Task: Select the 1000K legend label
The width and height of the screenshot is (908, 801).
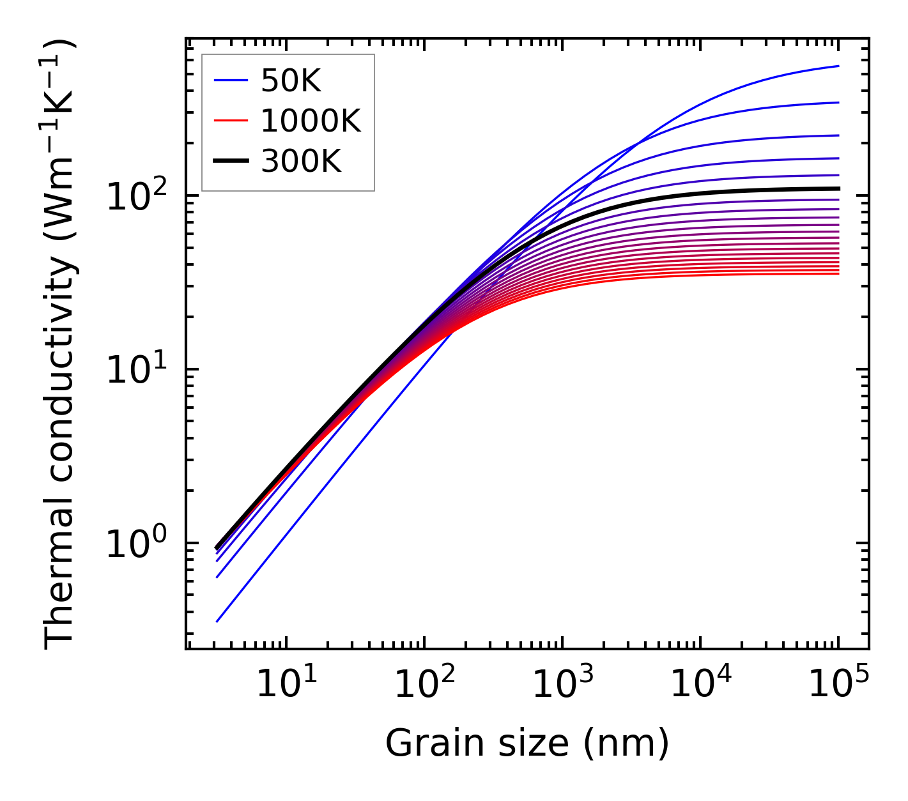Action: tap(311, 121)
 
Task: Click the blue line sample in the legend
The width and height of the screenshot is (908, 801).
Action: tap(231, 80)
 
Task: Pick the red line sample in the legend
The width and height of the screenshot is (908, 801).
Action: tap(231, 121)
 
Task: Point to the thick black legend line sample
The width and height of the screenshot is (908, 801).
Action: tap(231, 162)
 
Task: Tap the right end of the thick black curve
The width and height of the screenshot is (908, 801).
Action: tap(838, 188)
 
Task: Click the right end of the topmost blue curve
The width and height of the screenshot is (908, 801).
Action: tap(838, 66)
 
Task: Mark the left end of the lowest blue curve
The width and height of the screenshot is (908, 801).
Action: tap(217, 622)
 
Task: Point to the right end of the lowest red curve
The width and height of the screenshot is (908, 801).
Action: tap(838, 273)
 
